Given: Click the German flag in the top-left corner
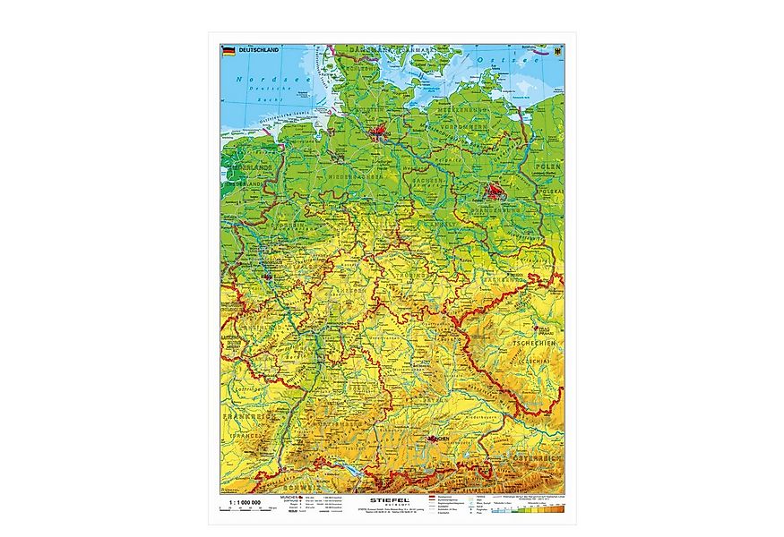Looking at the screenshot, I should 228,51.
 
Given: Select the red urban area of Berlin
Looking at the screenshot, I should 494,191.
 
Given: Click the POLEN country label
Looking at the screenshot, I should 548,168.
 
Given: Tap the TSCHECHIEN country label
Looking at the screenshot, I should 535,342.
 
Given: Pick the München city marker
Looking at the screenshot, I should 435,440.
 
